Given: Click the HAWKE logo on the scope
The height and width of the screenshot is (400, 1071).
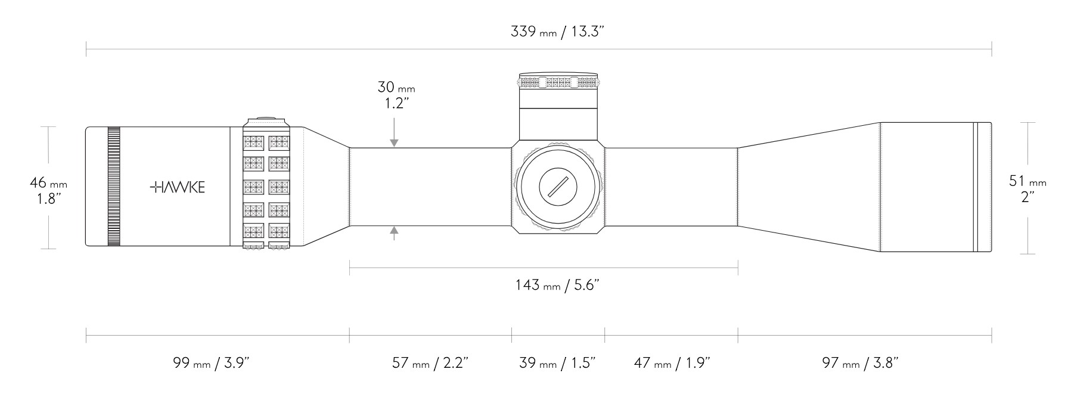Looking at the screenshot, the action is tap(178, 187).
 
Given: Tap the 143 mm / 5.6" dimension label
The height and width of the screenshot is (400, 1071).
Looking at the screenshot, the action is tap(557, 285).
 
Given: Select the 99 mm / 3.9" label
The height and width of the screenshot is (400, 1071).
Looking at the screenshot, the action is tap(210, 362).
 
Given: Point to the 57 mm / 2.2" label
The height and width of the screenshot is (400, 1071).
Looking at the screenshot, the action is tap(430, 362).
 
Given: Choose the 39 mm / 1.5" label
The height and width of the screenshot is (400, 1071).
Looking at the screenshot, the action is tap(558, 362).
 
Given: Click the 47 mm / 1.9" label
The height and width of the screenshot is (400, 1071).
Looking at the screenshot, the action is tap(672, 362).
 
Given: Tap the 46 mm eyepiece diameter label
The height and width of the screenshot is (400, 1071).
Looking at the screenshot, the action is tap(48, 183).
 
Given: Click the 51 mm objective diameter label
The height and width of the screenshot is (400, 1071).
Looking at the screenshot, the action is tap(1027, 181).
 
